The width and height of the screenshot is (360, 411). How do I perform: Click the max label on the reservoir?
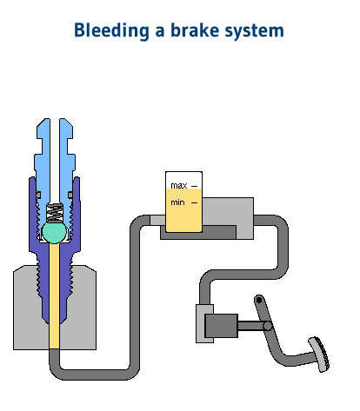click(179, 185)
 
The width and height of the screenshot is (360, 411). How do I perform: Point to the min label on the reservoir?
click(178, 202)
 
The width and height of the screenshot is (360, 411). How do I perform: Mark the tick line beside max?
click(195, 186)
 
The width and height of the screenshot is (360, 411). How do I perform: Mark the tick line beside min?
click(195, 202)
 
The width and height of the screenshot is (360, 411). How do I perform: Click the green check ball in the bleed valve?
click(54, 231)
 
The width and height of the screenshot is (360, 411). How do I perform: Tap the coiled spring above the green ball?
click(54, 211)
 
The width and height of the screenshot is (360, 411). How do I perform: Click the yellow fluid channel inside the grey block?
click(54, 304)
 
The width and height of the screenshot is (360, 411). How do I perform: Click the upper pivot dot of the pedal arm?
click(257, 301)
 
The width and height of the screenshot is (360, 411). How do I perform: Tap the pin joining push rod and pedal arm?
click(269, 326)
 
